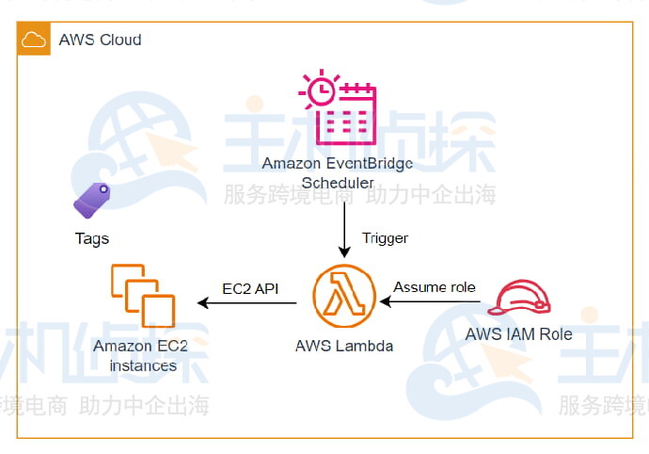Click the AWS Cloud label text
tap(100, 40)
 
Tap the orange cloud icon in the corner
tap(34, 40)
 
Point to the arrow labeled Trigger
tap(344, 231)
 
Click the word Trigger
tap(385, 238)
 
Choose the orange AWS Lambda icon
tap(344, 296)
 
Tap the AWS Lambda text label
tap(344, 346)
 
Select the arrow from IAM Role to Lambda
tap(433, 303)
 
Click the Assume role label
tap(435, 286)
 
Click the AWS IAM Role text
tap(518, 334)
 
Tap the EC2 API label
tap(250, 287)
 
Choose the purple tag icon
tap(91, 201)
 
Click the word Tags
tap(92, 238)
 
